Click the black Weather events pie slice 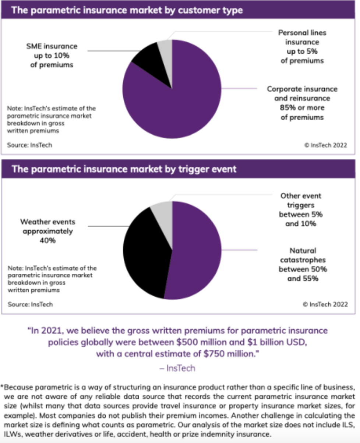click(x=144, y=250)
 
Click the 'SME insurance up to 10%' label click(x=52, y=56)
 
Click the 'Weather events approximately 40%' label click(x=48, y=231)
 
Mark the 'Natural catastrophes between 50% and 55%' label click(x=303, y=265)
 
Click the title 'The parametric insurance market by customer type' click(x=127, y=10)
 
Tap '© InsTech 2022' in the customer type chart click(x=325, y=145)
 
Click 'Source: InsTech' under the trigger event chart click(x=30, y=304)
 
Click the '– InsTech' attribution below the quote click(x=177, y=368)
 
